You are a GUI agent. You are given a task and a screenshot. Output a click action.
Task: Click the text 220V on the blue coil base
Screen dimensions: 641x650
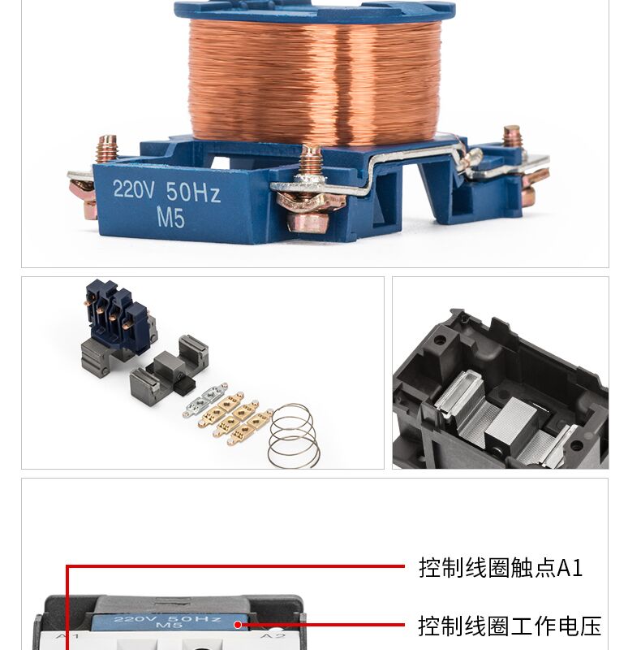coord(134,190)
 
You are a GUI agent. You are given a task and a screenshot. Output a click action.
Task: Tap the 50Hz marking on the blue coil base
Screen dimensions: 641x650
coord(193,193)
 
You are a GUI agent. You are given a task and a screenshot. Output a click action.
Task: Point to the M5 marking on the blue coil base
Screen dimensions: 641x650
coord(170,218)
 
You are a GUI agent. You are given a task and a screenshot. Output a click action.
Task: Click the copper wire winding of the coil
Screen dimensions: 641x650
coord(315,80)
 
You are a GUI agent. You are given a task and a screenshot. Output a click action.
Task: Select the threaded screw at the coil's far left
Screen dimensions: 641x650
coord(106,149)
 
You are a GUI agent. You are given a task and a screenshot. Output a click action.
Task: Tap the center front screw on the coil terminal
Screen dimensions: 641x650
coord(311,161)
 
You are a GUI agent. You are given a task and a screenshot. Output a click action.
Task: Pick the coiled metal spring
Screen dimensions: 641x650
coord(294,436)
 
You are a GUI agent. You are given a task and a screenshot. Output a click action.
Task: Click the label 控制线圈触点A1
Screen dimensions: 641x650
coord(500,568)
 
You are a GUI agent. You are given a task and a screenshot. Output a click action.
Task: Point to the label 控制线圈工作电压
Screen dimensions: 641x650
coord(509,626)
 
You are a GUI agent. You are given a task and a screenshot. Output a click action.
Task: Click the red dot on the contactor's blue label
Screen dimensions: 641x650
coord(238,624)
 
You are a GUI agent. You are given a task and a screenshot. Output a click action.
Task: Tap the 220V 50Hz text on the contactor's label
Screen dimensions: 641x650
coord(167,619)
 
